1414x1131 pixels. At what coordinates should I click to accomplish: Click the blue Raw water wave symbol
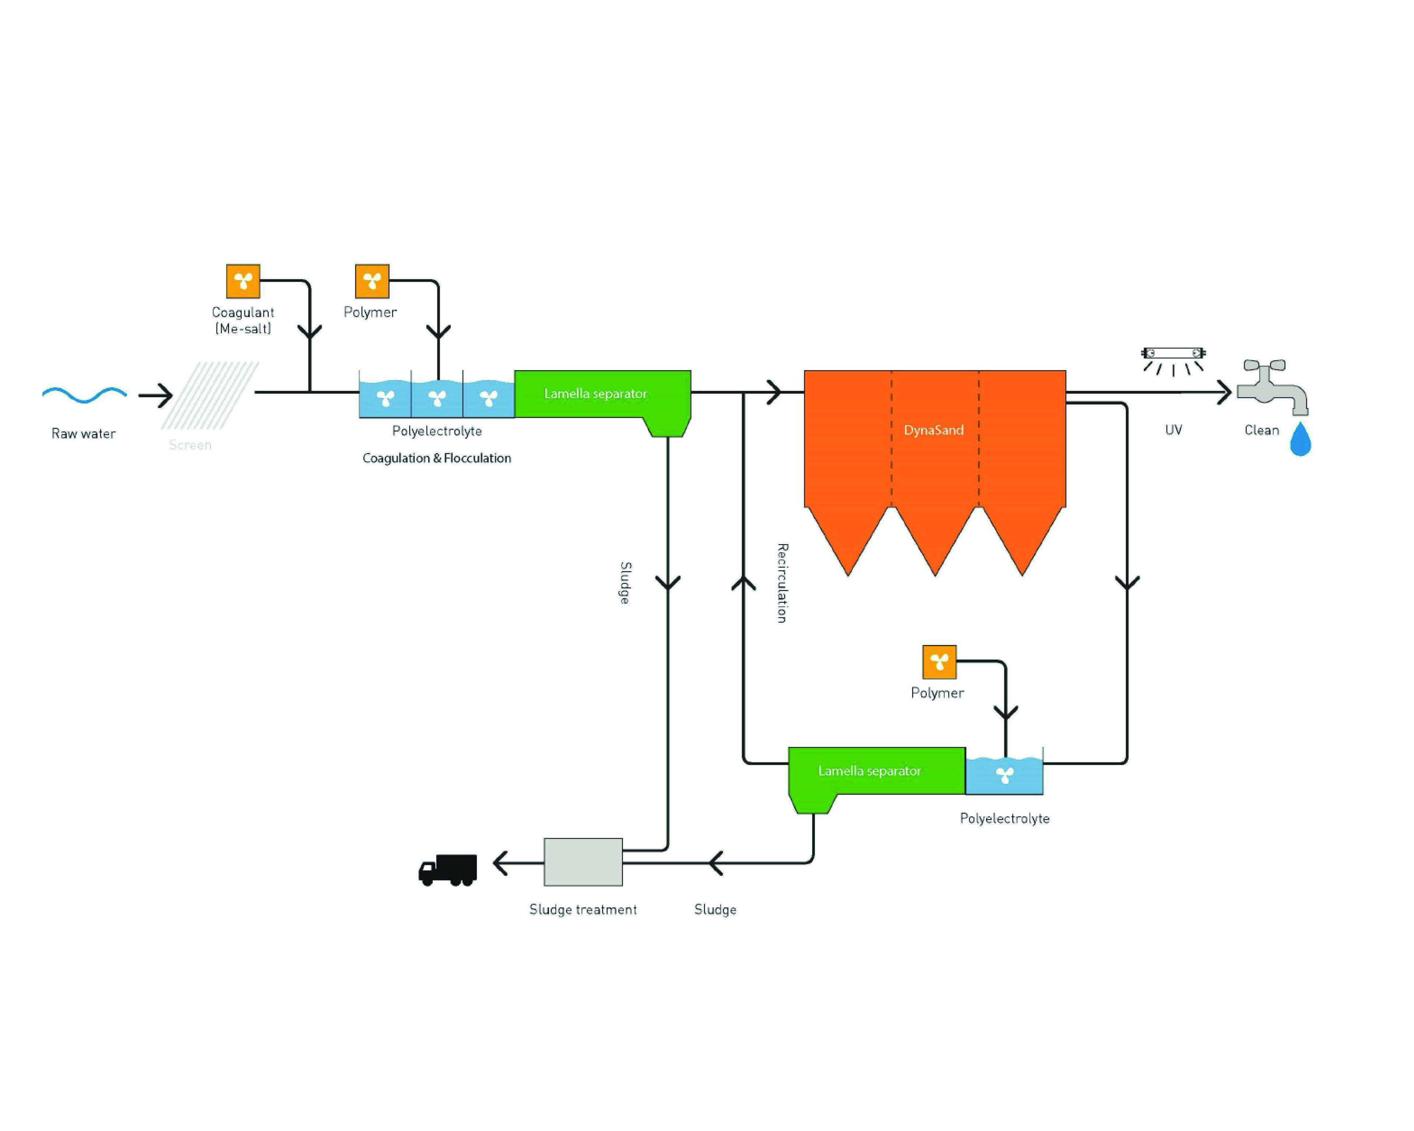pyautogui.click(x=84, y=394)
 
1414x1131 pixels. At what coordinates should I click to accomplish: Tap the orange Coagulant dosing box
pyautogui.click(x=243, y=281)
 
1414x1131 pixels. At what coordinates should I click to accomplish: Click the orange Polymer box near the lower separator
pyautogui.click(x=939, y=662)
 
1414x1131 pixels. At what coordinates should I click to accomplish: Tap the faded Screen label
pyautogui.click(x=190, y=445)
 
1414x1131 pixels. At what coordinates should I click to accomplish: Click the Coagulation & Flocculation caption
pyautogui.click(x=437, y=458)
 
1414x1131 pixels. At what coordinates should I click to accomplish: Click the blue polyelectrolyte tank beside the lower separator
pyautogui.click(x=1004, y=776)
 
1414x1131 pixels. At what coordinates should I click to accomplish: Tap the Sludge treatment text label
pyautogui.click(x=583, y=909)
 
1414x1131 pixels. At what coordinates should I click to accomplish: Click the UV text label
pyautogui.click(x=1173, y=430)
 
